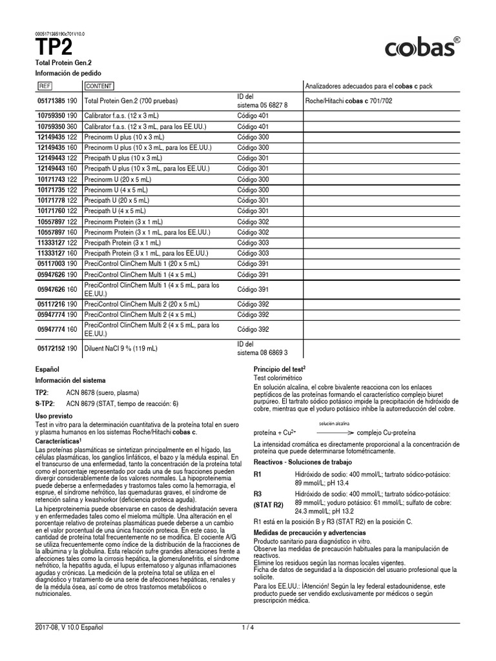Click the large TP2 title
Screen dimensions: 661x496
54,47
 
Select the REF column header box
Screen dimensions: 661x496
45,86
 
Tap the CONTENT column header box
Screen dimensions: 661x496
99,86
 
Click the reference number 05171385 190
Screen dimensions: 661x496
57,101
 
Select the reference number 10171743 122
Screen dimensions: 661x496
57,179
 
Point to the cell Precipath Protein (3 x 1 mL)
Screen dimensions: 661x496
123,242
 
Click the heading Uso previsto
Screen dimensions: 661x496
54,416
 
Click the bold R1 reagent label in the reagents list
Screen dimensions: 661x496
258,474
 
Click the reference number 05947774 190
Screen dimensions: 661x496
57,314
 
